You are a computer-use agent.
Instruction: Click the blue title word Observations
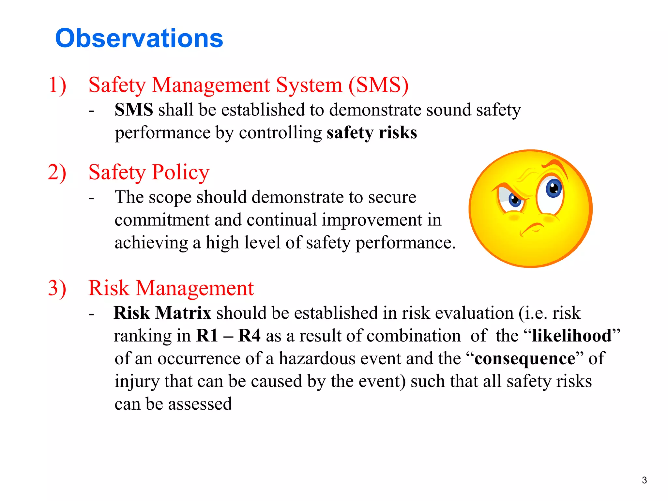coord(139,38)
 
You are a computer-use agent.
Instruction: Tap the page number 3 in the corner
coord(644,480)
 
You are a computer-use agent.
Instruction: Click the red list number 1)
coord(57,85)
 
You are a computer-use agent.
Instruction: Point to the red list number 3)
coord(57,288)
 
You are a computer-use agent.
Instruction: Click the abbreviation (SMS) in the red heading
coord(378,85)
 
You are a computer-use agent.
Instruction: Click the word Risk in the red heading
coord(109,288)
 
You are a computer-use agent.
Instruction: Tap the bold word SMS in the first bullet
coord(134,110)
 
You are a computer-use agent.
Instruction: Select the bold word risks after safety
coord(398,133)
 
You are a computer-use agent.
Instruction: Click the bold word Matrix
coord(183,313)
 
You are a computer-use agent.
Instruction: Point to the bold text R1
coord(207,336)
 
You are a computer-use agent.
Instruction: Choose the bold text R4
coord(250,336)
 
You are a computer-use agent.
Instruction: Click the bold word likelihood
coord(572,336)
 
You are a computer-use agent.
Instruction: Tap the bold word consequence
coord(525,358)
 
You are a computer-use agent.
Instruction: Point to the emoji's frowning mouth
coord(532,228)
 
